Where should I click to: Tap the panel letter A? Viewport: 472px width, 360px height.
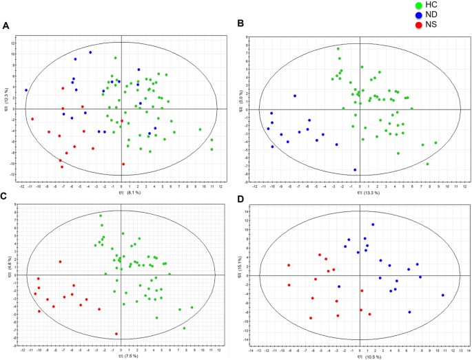point(6,26)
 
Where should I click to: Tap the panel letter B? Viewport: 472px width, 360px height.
point(240,23)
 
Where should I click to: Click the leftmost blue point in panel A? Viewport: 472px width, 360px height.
point(26,90)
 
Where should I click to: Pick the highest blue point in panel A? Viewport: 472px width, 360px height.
point(90,52)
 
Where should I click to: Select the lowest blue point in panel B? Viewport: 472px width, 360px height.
point(355,170)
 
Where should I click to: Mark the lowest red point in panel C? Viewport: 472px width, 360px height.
point(116,334)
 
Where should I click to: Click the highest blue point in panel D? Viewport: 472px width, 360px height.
point(373,224)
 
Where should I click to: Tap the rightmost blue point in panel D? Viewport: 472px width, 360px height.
point(443,295)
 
